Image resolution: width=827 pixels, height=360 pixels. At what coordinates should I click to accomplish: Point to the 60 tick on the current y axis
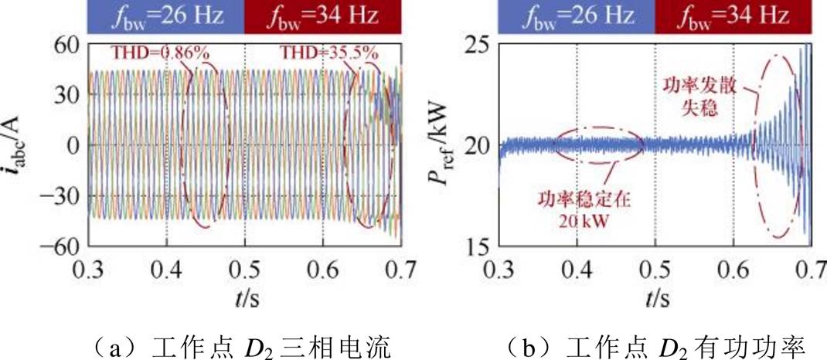[x=67, y=46]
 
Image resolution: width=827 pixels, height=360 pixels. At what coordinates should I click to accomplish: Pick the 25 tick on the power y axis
[x=480, y=46]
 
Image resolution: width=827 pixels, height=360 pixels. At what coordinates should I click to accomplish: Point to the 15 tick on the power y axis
[x=480, y=246]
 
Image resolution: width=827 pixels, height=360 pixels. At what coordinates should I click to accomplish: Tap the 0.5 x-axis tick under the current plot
[x=244, y=270]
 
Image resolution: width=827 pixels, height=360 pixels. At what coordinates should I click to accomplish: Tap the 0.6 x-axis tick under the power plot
[x=733, y=270]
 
